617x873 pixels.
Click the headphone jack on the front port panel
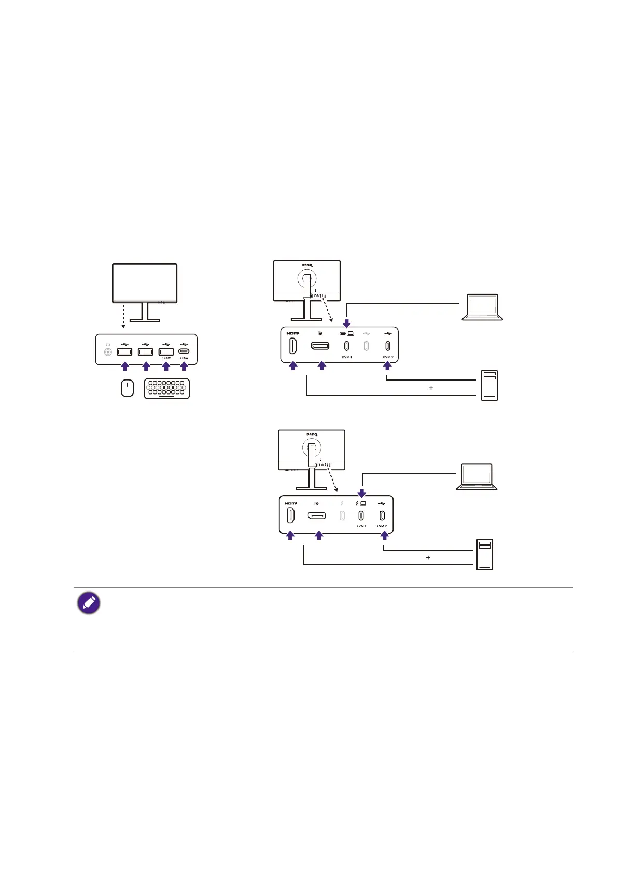(x=108, y=352)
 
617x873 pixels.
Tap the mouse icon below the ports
(x=127, y=388)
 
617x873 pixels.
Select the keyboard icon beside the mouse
(x=166, y=388)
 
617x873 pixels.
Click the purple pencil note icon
(x=89, y=603)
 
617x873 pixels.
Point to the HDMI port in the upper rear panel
(x=293, y=346)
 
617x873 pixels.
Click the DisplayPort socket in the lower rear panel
(x=317, y=516)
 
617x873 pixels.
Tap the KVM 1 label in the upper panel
(x=347, y=357)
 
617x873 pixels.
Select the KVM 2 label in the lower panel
(x=382, y=526)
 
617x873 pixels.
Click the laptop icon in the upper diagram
(x=482, y=307)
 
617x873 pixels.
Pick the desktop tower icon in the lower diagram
(x=485, y=554)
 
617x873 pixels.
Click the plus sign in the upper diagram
(x=431, y=388)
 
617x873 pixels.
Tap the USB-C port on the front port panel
(x=184, y=351)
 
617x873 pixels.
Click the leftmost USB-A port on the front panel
(x=124, y=352)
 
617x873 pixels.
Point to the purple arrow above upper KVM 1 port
(x=347, y=323)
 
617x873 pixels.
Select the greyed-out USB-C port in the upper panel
(x=366, y=346)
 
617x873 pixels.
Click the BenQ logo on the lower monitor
(x=312, y=434)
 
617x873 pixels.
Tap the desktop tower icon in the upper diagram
(x=489, y=385)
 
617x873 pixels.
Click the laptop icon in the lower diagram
(x=476, y=477)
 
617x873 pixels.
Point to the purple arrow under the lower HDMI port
(x=290, y=536)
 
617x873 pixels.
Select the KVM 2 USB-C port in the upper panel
(x=387, y=346)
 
